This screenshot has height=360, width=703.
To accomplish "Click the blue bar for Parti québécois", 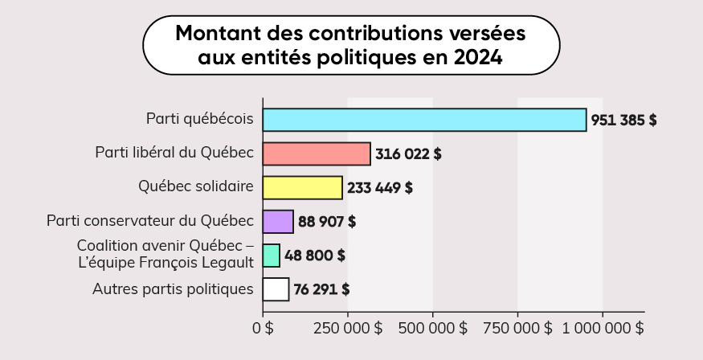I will [424, 120].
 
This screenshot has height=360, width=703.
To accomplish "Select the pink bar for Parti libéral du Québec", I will [317, 153].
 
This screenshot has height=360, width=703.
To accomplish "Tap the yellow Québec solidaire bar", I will [302, 187].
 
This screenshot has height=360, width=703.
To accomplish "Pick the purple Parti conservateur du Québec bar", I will [278, 221].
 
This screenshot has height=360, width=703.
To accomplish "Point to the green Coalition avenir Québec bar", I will [272, 256].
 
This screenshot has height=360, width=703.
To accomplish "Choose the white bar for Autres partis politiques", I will [276, 289].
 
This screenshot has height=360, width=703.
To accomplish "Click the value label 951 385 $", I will [623, 121].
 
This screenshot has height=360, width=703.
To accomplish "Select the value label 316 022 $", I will [408, 154].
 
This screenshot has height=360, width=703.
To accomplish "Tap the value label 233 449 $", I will [380, 188].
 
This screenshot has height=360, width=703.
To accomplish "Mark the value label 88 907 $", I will [327, 222].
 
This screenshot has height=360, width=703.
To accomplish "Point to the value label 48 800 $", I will [315, 256].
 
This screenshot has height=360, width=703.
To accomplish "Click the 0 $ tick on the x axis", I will [263, 328].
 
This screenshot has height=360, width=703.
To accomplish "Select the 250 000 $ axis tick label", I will [348, 328].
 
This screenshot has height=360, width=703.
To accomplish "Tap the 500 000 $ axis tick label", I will [433, 328].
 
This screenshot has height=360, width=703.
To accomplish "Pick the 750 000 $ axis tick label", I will [518, 328].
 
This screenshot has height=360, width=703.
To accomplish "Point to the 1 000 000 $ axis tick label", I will [603, 328].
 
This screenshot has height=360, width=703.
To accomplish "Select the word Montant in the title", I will [213, 35].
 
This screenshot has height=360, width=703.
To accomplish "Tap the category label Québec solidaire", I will [196, 186].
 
